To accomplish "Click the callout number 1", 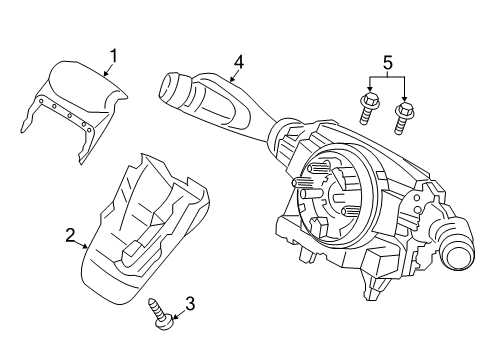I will pos(113,56).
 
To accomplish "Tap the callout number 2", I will pos(70,236).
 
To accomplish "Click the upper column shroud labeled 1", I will pos(75,100).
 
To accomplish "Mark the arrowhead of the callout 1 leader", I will pos(103,74).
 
